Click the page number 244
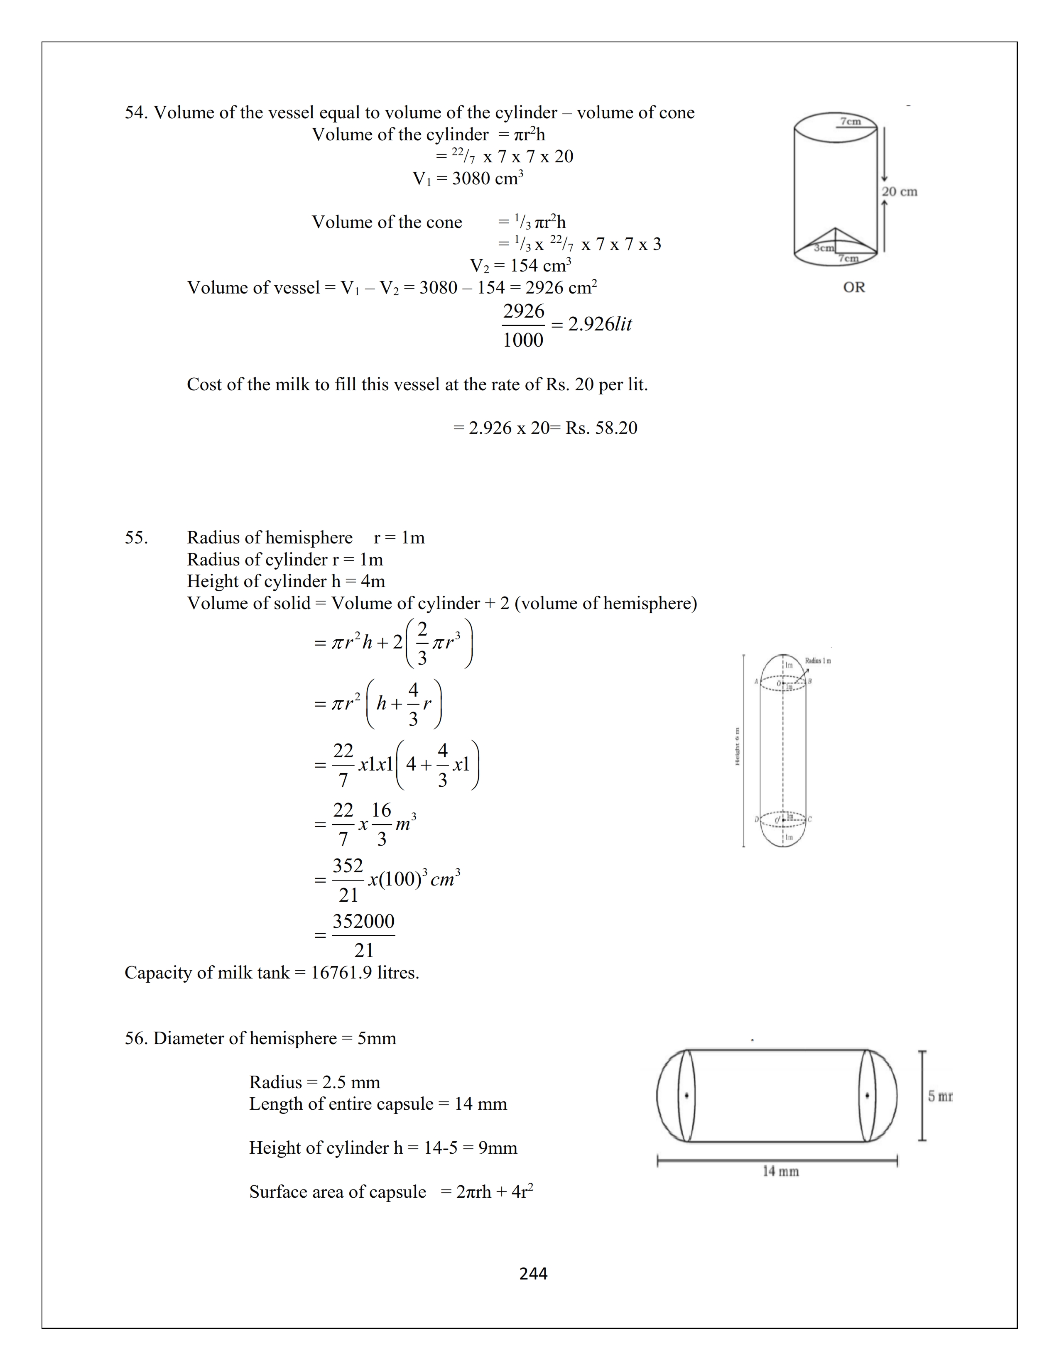[x=533, y=1273]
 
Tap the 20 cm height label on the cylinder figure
[x=899, y=191]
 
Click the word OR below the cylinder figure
[x=854, y=287]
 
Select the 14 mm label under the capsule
[x=780, y=1171]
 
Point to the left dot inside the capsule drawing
[x=687, y=1096]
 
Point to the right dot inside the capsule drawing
[x=867, y=1096]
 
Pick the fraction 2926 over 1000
[x=523, y=325]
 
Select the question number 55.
[x=136, y=538]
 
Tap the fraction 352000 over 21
[x=363, y=935]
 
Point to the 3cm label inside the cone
[x=824, y=248]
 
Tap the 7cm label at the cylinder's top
[x=850, y=121]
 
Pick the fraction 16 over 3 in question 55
[x=381, y=824]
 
